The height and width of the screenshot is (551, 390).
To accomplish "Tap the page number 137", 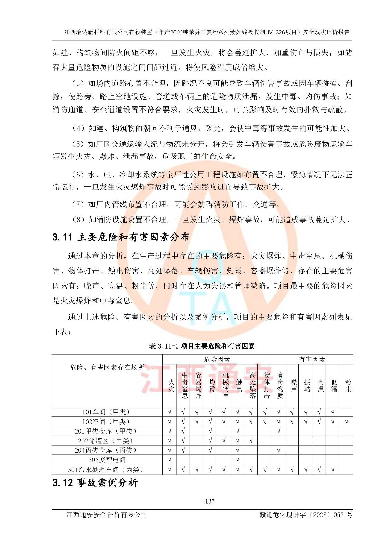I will click(x=210, y=501).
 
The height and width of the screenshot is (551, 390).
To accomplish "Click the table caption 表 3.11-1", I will click(x=202, y=346).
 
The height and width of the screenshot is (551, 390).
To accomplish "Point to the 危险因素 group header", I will click(x=217, y=360).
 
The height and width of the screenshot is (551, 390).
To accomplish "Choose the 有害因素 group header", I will click(x=312, y=360).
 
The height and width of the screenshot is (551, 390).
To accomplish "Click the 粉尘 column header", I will click(x=348, y=386).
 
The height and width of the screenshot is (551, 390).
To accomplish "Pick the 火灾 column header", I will click(x=171, y=386).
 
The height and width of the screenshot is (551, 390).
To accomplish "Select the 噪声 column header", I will click(x=293, y=386).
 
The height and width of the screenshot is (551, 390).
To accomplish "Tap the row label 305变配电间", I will click(x=107, y=460).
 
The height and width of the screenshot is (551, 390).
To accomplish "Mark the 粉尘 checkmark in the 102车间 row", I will click(x=347, y=421).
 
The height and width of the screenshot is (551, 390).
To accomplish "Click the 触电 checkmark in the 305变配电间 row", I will click(x=238, y=460).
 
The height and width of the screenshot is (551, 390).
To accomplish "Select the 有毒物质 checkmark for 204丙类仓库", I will click(x=279, y=450).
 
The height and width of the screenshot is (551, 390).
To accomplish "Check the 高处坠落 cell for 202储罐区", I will click(x=251, y=440).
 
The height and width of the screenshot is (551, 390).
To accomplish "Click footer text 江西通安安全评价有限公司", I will click(x=107, y=515).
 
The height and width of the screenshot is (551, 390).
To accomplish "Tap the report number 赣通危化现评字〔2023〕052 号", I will click(x=306, y=515).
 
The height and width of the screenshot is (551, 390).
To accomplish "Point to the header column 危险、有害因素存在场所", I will click(x=107, y=367).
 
